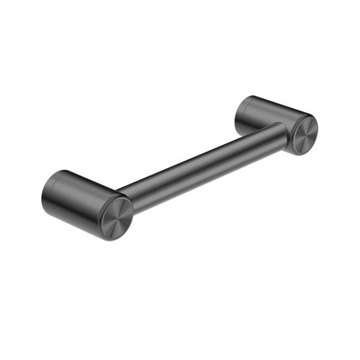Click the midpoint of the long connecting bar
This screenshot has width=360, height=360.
coord(198,161)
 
